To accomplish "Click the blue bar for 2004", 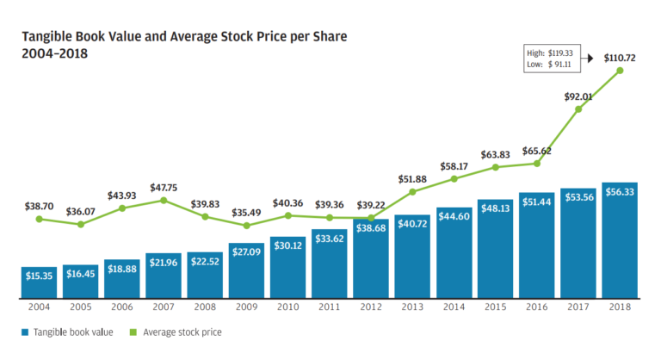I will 39,282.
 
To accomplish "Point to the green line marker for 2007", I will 164,200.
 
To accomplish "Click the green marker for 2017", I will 578,109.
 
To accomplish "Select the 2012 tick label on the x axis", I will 371,307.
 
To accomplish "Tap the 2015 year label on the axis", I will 495,307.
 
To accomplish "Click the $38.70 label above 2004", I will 39,208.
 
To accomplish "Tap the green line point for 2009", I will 246,226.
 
